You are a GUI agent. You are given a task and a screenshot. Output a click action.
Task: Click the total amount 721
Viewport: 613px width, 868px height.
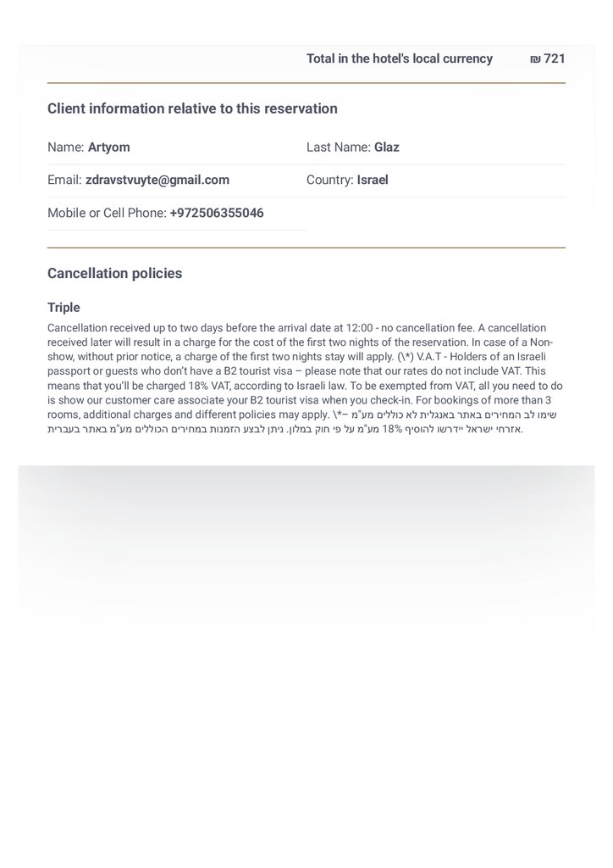[555, 58]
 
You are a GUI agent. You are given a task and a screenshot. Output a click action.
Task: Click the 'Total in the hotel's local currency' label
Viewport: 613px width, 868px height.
[399, 58]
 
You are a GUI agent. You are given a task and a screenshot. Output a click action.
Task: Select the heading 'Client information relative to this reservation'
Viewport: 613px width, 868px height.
[192, 108]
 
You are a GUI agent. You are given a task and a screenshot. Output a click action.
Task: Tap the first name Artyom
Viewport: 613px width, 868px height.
[108, 147]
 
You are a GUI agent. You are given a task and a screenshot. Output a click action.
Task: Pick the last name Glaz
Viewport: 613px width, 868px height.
[387, 147]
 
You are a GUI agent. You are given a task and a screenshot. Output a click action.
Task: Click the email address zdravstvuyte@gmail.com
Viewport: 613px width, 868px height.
[157, 180]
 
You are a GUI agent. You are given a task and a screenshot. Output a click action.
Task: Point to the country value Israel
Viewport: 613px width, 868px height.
[373, 180]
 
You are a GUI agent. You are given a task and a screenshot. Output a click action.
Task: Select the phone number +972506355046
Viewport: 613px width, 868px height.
[217, 213]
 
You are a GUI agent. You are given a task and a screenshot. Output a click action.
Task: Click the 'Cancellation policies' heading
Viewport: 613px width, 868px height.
[114, 274]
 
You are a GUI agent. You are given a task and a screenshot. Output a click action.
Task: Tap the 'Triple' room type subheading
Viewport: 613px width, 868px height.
[64, 307]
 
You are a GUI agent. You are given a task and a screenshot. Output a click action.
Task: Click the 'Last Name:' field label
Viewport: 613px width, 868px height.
[338, 147]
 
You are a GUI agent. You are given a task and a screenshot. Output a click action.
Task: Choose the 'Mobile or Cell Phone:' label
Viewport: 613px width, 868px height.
[107, 213]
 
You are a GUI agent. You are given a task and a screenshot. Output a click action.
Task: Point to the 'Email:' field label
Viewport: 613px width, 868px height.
[64, 180]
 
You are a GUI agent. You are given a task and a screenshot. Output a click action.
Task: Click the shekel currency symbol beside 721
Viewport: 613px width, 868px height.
[535, 59]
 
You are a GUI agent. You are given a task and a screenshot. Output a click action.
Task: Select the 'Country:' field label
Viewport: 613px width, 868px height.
[329, 180]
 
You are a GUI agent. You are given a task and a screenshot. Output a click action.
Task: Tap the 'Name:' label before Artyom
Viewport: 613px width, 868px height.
[65, 147]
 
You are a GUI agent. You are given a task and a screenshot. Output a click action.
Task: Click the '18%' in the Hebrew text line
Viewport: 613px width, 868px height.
[390, 429]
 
